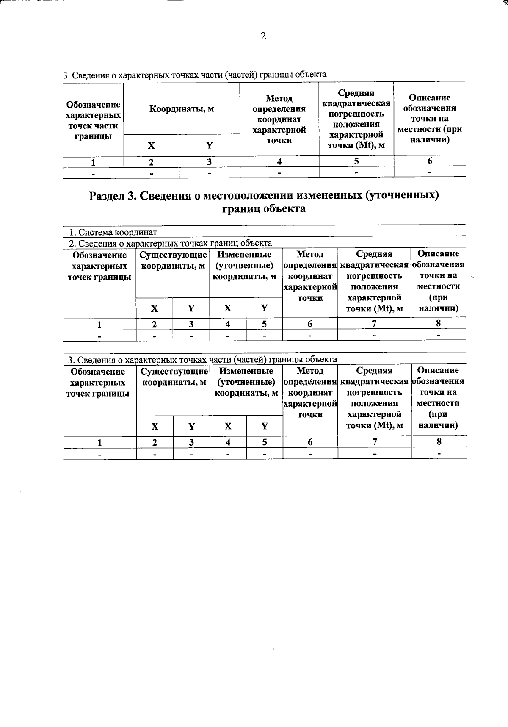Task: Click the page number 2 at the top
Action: (263, 37)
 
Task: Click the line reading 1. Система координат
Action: (113, 232)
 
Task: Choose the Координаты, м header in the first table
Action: (182, 109)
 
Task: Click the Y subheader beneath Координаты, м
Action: (209, 146)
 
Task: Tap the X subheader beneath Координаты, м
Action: (151, 146)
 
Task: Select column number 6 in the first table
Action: (430, 161)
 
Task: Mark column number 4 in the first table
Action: (279, 161)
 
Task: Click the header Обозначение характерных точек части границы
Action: (93, 120)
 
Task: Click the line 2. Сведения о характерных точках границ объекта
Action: (170, 243)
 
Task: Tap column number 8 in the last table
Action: (439, 441)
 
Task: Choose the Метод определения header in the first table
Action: (279, 119)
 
